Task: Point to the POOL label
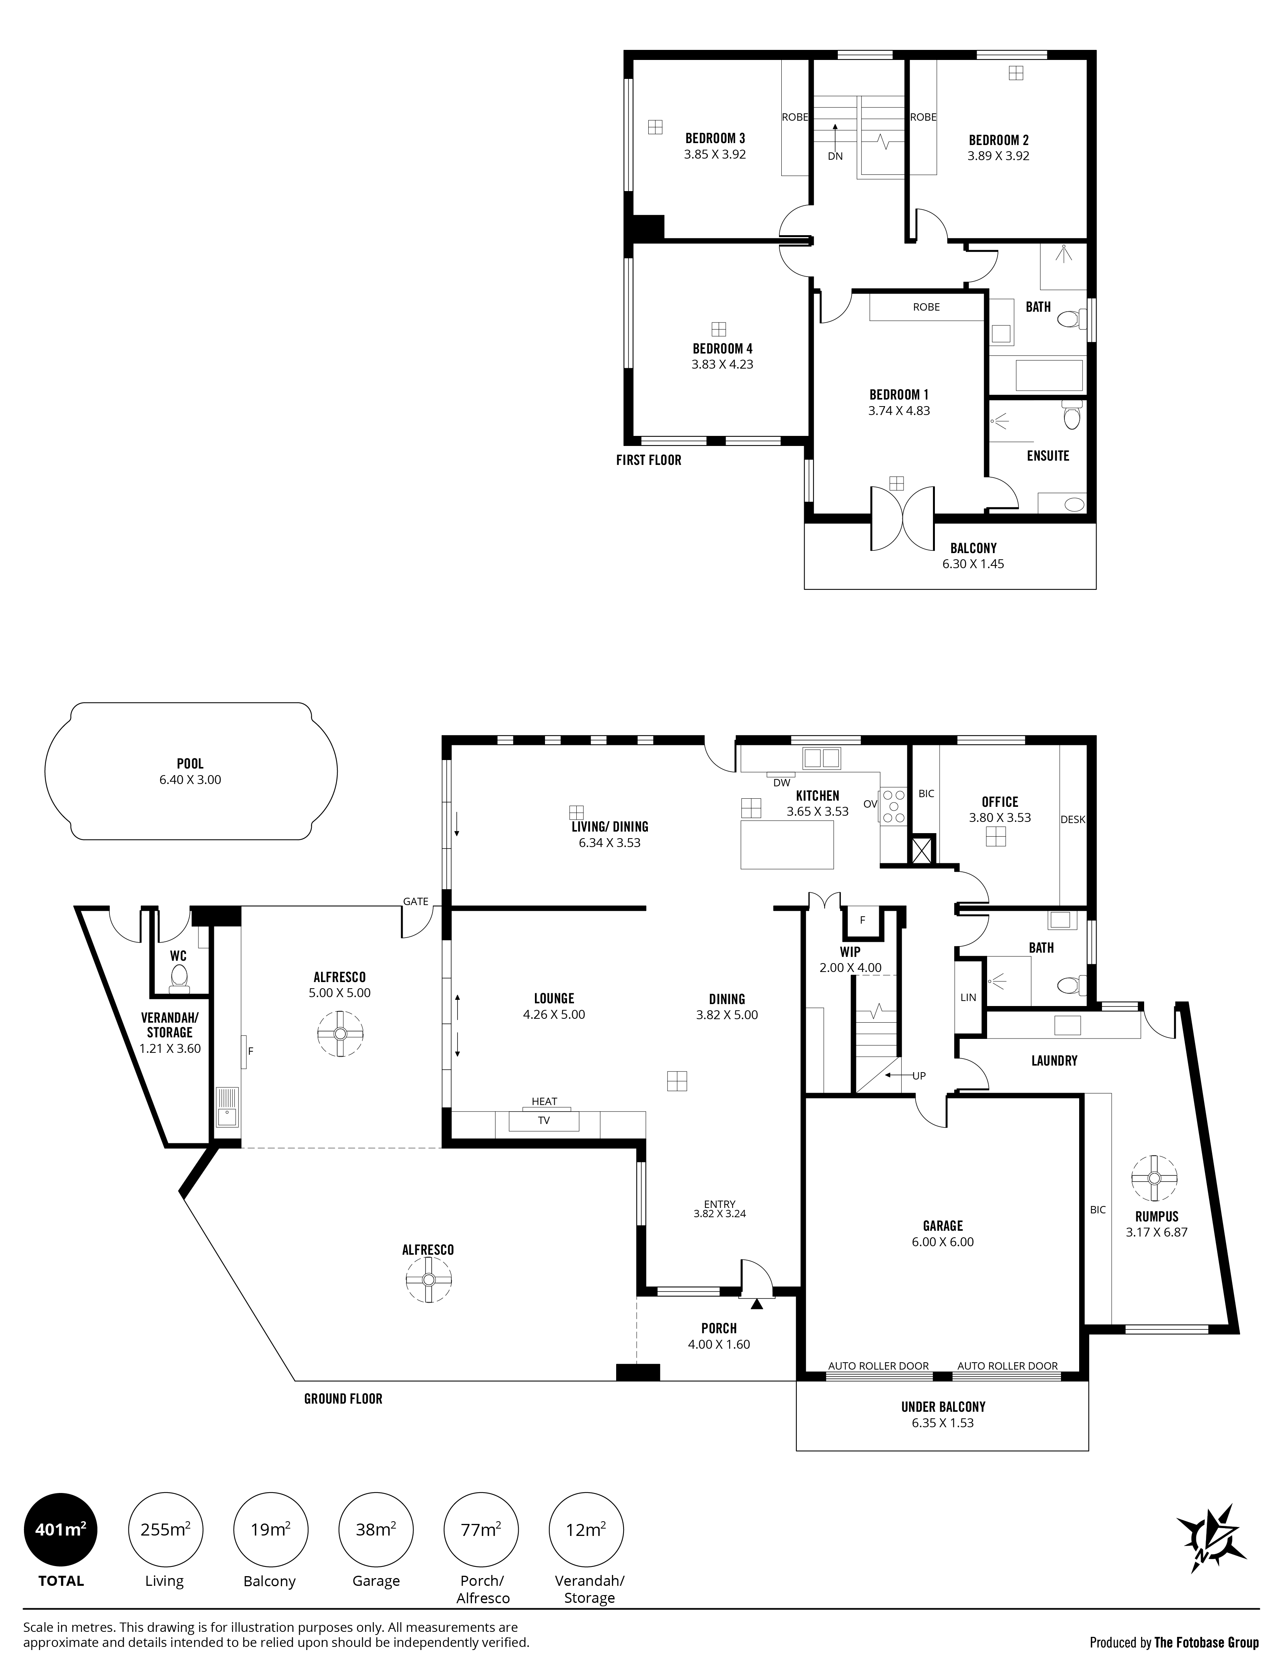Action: (x=190, y=764)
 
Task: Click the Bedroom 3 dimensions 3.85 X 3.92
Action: (x=715, y=154)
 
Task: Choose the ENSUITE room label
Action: (x=1048, y=456)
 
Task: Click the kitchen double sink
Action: (x=822, y=758)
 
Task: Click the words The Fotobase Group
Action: (x=1207, y=1642)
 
